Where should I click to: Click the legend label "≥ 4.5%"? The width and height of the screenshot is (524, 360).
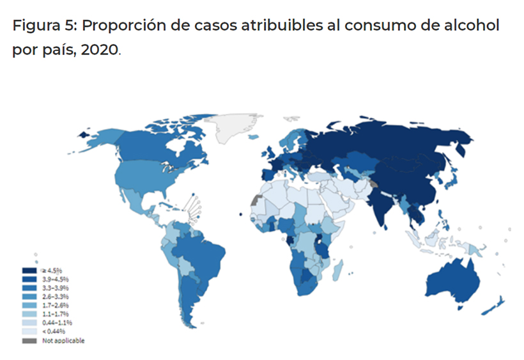(x=54, y=272)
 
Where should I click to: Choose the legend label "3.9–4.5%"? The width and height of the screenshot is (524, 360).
(x=56, y=280)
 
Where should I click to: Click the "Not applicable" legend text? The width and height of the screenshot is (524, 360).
(x=63, y=341)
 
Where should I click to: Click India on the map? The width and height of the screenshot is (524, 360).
(x=383, y=205)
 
